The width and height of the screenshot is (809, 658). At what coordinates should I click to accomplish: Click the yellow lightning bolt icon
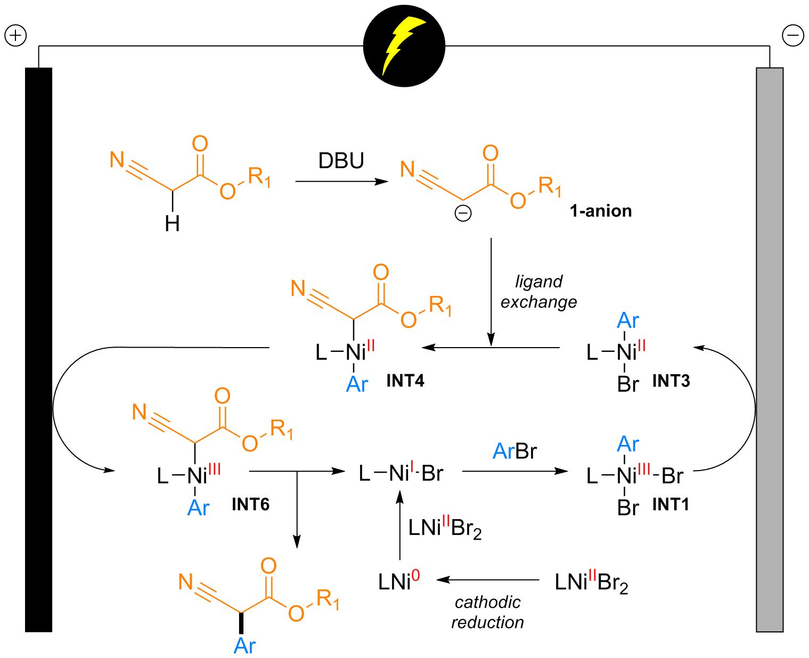click(x=404, y=45)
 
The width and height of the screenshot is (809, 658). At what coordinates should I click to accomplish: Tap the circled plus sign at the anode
click(x=15, y=36)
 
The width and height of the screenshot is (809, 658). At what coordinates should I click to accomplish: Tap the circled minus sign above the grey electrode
click(x=793, y=36)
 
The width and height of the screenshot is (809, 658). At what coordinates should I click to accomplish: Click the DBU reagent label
click(x=341, y=161)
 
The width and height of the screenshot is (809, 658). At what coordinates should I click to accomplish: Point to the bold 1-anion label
click(x=601, y=211)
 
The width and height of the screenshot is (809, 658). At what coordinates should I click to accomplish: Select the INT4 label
click(x=405, y=381)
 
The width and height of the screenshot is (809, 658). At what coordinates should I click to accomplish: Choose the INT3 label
click(x=671, y=381)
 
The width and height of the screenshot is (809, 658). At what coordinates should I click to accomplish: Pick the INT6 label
click(x=250, y=505)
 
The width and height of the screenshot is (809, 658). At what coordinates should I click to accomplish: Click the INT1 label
click(x=671, y=504)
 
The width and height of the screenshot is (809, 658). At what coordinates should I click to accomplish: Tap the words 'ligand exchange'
click(x=538, y=292)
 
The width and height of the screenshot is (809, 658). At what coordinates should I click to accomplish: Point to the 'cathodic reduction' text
click(x=487, y=612)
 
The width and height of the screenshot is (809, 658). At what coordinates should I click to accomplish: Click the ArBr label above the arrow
click(x=514, y=451)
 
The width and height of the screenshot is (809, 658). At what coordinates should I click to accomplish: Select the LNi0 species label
click(x=399, y=581)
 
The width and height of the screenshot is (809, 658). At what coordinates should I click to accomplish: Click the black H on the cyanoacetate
click(x=172, y=224)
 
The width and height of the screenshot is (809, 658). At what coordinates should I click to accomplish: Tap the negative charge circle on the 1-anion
click(x=463, y=213)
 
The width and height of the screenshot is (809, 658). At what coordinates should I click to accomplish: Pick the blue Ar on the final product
click(x=244, y=646)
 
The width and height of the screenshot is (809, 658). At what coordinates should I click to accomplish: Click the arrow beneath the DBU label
click(x=341, y=182)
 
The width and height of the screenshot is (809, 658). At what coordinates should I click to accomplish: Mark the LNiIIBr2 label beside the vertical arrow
click(x=445, y=528)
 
